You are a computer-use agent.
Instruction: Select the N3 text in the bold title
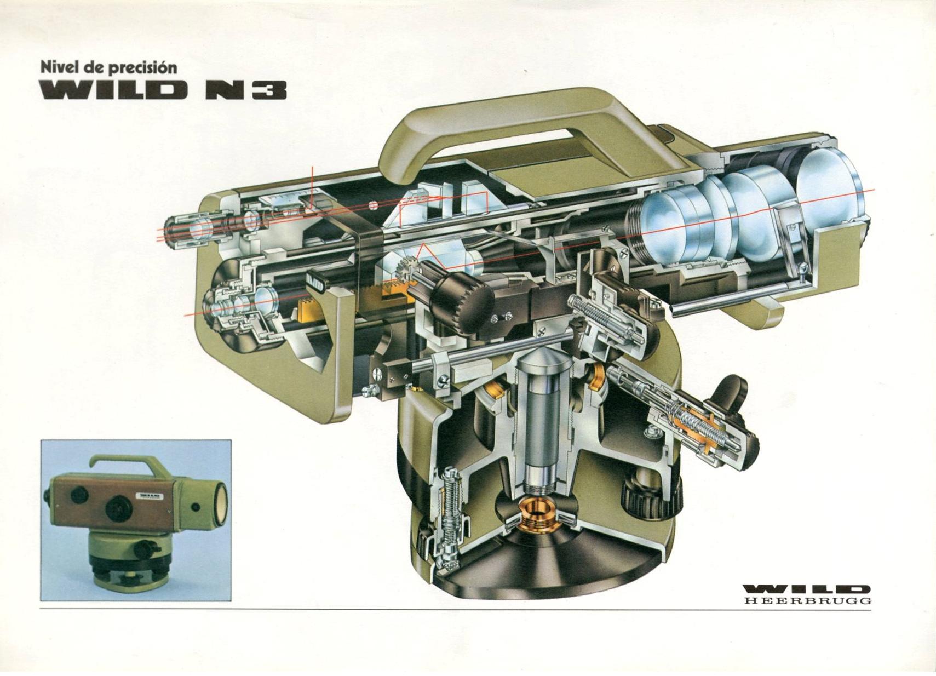click(246, 90)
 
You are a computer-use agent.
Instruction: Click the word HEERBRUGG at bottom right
click(808, 601)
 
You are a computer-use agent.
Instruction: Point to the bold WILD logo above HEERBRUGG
click(807, 590)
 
